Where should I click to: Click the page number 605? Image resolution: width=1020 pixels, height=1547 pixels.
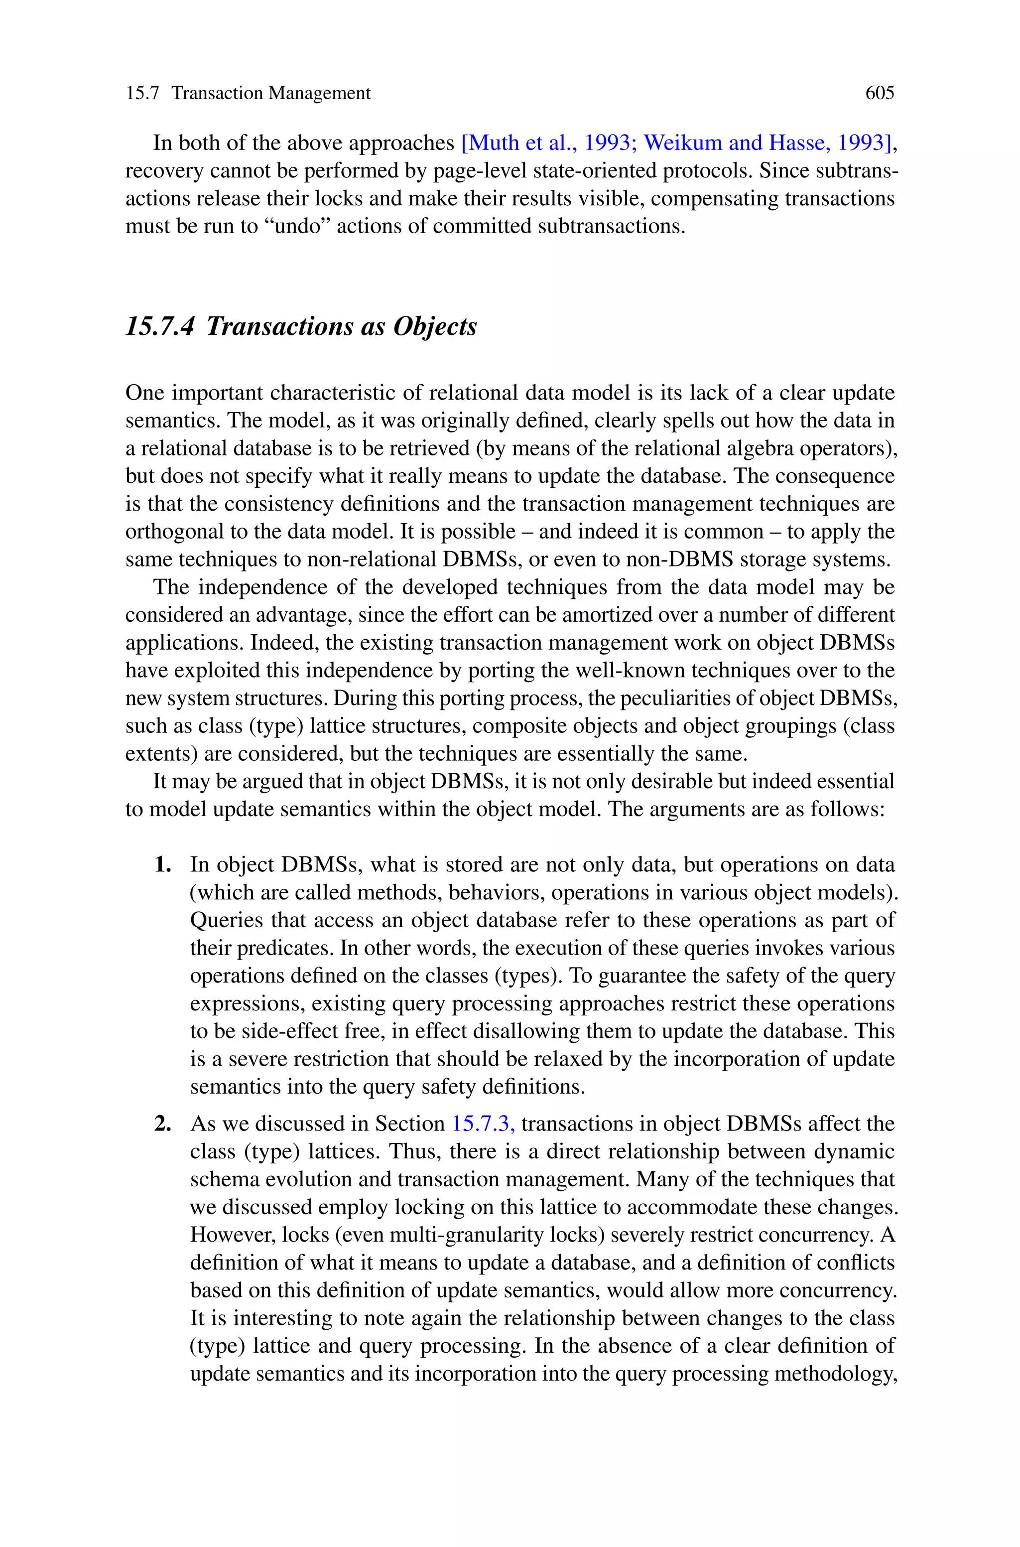880,93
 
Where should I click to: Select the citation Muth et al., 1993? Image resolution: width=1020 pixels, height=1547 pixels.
549,142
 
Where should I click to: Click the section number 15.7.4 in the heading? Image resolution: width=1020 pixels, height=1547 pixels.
159,326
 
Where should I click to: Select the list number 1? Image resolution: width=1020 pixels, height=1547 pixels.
163,864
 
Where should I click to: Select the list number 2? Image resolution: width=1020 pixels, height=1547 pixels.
163,1124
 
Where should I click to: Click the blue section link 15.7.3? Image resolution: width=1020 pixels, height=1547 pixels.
483,1124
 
